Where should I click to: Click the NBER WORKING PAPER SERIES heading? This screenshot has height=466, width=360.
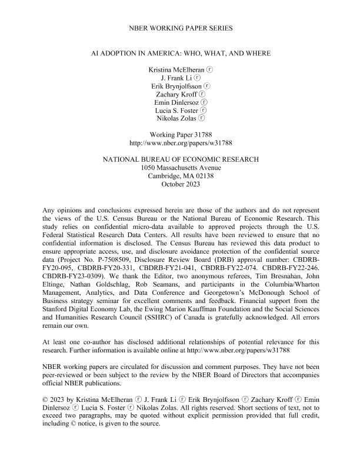click(x=180, y=28)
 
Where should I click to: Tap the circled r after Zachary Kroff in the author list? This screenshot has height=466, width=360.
click(x=202, y=94)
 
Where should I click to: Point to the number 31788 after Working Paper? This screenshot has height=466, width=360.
click(x=198, y=134)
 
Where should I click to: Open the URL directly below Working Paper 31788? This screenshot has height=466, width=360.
click(x=180, y=142)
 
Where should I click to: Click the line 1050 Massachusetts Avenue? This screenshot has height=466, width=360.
click(x=180, y=168)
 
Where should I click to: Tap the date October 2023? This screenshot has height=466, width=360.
click(x=180, y=184)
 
